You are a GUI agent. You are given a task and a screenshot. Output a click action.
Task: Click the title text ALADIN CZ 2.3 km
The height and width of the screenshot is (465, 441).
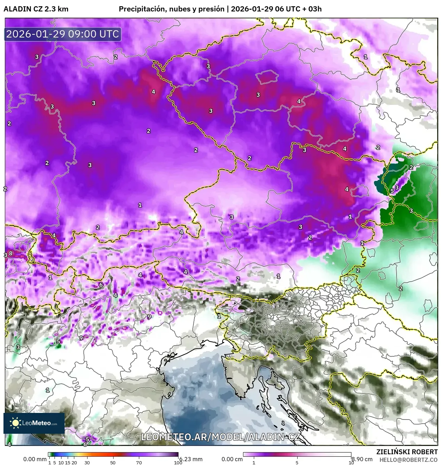[x=36, y=9]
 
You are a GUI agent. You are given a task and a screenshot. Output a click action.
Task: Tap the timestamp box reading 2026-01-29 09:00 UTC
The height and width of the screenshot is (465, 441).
[x=63, y=34]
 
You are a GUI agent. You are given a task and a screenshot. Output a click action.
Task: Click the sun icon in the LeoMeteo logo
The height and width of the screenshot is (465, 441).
[x=15, y=423]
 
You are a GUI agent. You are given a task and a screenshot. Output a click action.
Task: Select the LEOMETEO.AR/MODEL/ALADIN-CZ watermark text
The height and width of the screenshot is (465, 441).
[x=220, y=437]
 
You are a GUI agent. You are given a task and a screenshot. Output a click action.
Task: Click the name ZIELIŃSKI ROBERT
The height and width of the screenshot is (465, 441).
[x=407, y=452]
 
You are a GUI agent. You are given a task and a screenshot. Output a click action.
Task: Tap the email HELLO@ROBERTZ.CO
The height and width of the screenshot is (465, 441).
[x=408, y=459]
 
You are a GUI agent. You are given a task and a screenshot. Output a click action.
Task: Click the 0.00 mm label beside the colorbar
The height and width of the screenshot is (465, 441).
[x=35, y=459]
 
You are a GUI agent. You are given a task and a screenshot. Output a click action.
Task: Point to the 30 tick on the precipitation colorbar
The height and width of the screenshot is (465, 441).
[x=87, y=462]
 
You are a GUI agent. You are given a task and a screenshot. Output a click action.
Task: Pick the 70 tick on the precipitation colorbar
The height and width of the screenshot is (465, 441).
[x=139, y=462]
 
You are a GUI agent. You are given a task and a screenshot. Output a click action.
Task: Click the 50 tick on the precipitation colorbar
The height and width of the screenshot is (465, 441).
[x=113, y=462]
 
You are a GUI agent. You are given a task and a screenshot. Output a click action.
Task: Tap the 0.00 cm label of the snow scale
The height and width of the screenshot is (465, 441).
[x=232, y=459]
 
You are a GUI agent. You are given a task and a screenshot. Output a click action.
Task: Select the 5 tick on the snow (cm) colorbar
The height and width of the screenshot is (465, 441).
[x=297, y=462]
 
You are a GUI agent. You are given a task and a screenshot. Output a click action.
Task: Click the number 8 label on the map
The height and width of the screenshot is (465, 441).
[x=11, y=253]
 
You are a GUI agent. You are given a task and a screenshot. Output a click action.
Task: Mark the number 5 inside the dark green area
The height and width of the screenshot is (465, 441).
[x=392, y=191]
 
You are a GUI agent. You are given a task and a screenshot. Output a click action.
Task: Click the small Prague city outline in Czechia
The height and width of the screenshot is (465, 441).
[x=267, y=77]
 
